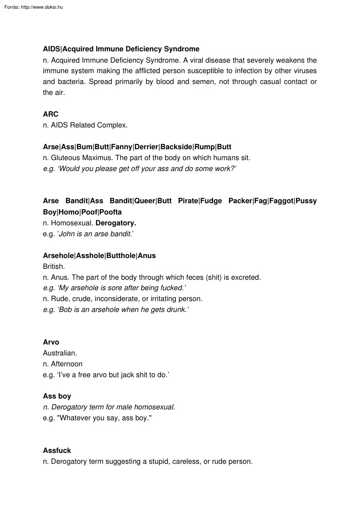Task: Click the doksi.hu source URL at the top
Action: (42, 7)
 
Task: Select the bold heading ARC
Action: (50, 114)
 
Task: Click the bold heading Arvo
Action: (51, 342)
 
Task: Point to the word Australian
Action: (60, 353)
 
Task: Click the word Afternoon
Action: (67, 364)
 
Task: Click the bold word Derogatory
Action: (116, 223)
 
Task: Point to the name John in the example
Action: (66, 234)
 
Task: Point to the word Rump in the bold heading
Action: (205, 147)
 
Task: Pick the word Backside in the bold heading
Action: (176, 147)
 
